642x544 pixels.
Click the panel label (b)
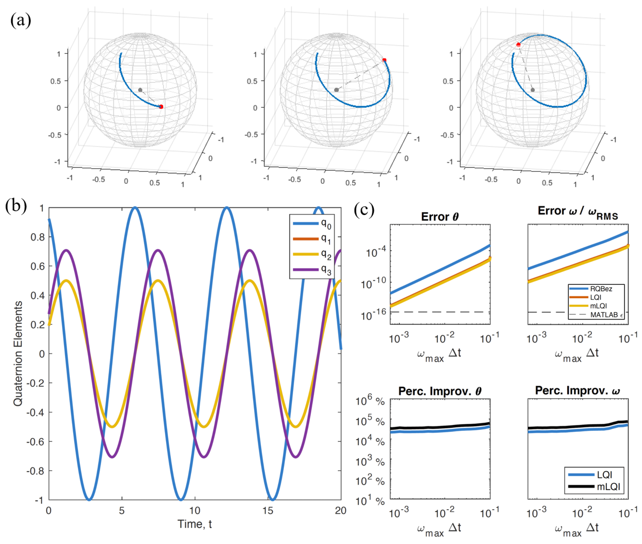[16, 206]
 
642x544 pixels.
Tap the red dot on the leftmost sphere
[161, 107]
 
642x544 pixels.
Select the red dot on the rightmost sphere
[518, 45]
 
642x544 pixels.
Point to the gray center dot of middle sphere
[336, 90]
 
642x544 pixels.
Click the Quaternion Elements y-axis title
[18, 353]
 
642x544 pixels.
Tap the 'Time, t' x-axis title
[195, 524]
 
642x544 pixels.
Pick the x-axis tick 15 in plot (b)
[268, 511]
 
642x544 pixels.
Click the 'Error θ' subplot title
[440, 217]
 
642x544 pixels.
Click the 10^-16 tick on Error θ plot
[373, 315]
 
